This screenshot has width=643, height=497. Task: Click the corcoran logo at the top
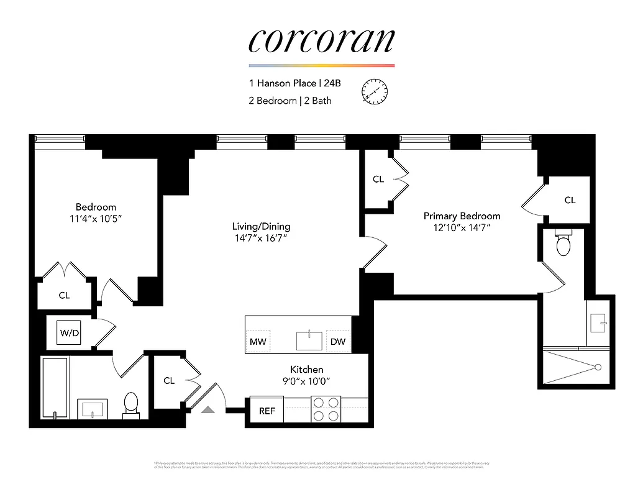coord(321,41)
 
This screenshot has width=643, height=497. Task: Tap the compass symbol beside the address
coord(375,92)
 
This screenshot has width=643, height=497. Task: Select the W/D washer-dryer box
coord(69,333)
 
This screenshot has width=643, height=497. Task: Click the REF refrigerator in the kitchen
coord(267,411)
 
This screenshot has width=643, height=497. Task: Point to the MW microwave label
coord(257,342)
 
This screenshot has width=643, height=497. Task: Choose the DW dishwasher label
coord(338,342)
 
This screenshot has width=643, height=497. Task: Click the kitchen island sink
coord(309,341)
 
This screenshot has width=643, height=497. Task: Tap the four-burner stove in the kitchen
coord(326,409)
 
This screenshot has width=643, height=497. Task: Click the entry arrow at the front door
coord(208,409)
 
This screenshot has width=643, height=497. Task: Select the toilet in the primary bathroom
coord(563,244)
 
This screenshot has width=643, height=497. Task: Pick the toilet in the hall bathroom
coord(131,403)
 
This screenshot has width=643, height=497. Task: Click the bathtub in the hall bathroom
coord(55,388)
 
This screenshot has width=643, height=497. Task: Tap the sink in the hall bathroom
coord(93,409)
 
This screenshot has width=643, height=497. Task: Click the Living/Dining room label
coord(261,226)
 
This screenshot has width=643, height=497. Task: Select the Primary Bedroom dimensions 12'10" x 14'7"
coord(462,227)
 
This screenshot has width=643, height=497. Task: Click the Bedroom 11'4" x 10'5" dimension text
coord(96,218)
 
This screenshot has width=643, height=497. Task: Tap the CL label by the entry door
coord(169,380)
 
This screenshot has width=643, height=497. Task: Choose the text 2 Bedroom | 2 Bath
coord(290,101)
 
